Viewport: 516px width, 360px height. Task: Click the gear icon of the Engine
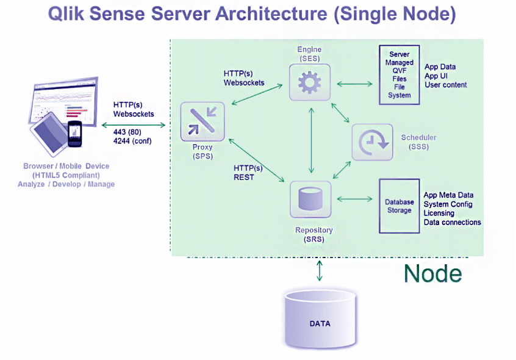pyautogui.click(x=310, y=82)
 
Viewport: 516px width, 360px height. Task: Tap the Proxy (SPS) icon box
pyautogui.click(x=202, y=122)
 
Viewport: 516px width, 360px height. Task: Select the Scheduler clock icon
pyautogui.click(x=373, y=142)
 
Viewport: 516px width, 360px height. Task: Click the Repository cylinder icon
pyautogui.click(x=310, y=199)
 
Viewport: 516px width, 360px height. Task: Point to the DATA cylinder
pyautogui.click(x=320, y=319)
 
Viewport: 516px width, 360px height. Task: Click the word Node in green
pyautogui.click(x=432, y=273)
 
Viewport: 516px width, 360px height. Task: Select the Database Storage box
pyautogui.click(x=399, y=206)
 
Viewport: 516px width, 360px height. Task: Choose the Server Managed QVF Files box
pyautogui.click(x=399, y=75)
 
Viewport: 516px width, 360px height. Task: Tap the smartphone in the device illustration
pyautogui.click(x=74, y=134)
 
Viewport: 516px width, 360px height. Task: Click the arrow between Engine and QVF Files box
pyautogui.click(x=354, y=84)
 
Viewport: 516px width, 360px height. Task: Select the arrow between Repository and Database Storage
pyautogui.click(x=354, y=199)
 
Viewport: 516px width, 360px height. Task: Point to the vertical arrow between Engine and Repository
pyautogui.click(x=311, y=140)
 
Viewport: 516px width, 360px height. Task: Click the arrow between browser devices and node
pyautogui.click(x=134, y=125)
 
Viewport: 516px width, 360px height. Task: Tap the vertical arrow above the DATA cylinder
pyautogui.click(x=319, y=271)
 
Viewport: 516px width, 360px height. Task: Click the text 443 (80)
pyautogui.click(x=127, y=132)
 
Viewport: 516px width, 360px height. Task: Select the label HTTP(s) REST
pyautogui.click(x=248, y=173)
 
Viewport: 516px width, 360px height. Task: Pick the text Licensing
pyautogui.click(x=439, y=213)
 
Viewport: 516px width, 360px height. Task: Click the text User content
pyautogui.click(x=446, y=85)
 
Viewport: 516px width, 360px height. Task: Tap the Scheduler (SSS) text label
pyautogui.click(x=418, y=142)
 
